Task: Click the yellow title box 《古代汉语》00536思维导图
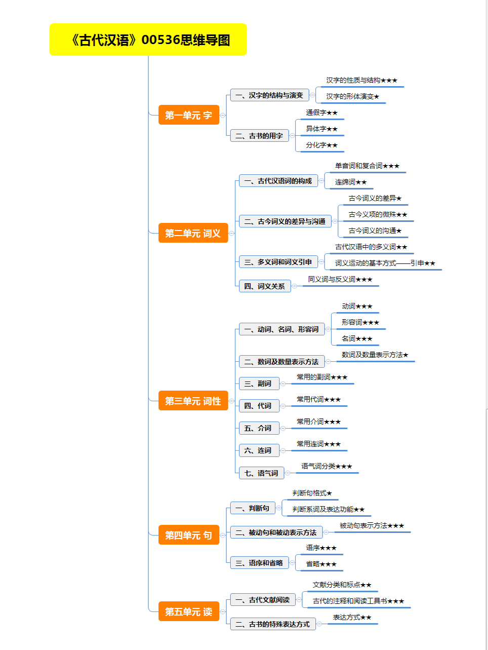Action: [x=148, y=40]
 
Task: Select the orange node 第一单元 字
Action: [x=189, y=115]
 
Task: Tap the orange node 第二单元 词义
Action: [x=193, y=233]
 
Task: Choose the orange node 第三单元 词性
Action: [x=193, y=401]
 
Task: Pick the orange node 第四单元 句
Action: [x=189, y=535]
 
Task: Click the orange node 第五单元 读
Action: [x=189, y=611]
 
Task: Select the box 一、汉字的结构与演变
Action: [x=269, y=95]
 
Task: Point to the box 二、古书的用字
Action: [x=259, y=136]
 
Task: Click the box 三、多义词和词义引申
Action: [x=278, y=262]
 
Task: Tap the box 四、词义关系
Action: [x=265, y=286]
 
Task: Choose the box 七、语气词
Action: [x=261, y=473]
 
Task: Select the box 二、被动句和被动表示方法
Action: [x=276, y=532]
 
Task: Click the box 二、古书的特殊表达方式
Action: [x=273, y=624]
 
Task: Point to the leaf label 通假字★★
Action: [x=321, y=112]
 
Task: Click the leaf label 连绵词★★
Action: [x=351, y=182]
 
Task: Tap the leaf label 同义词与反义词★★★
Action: [x=340, y=279]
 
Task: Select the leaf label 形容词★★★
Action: [x=360, y=322]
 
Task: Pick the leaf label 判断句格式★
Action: [x=312, y=493]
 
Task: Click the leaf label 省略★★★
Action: [x=321, y=564]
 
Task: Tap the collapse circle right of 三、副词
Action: [x=283, y=384]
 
